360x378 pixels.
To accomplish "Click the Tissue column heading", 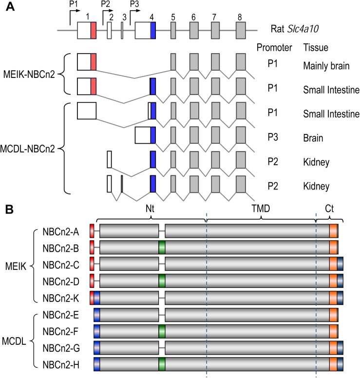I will pos(316,48).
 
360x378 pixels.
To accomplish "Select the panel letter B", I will pos(8,210).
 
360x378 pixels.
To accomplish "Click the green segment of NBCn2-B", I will pos(162,247).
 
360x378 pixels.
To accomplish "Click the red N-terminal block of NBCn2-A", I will pos(92,231).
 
